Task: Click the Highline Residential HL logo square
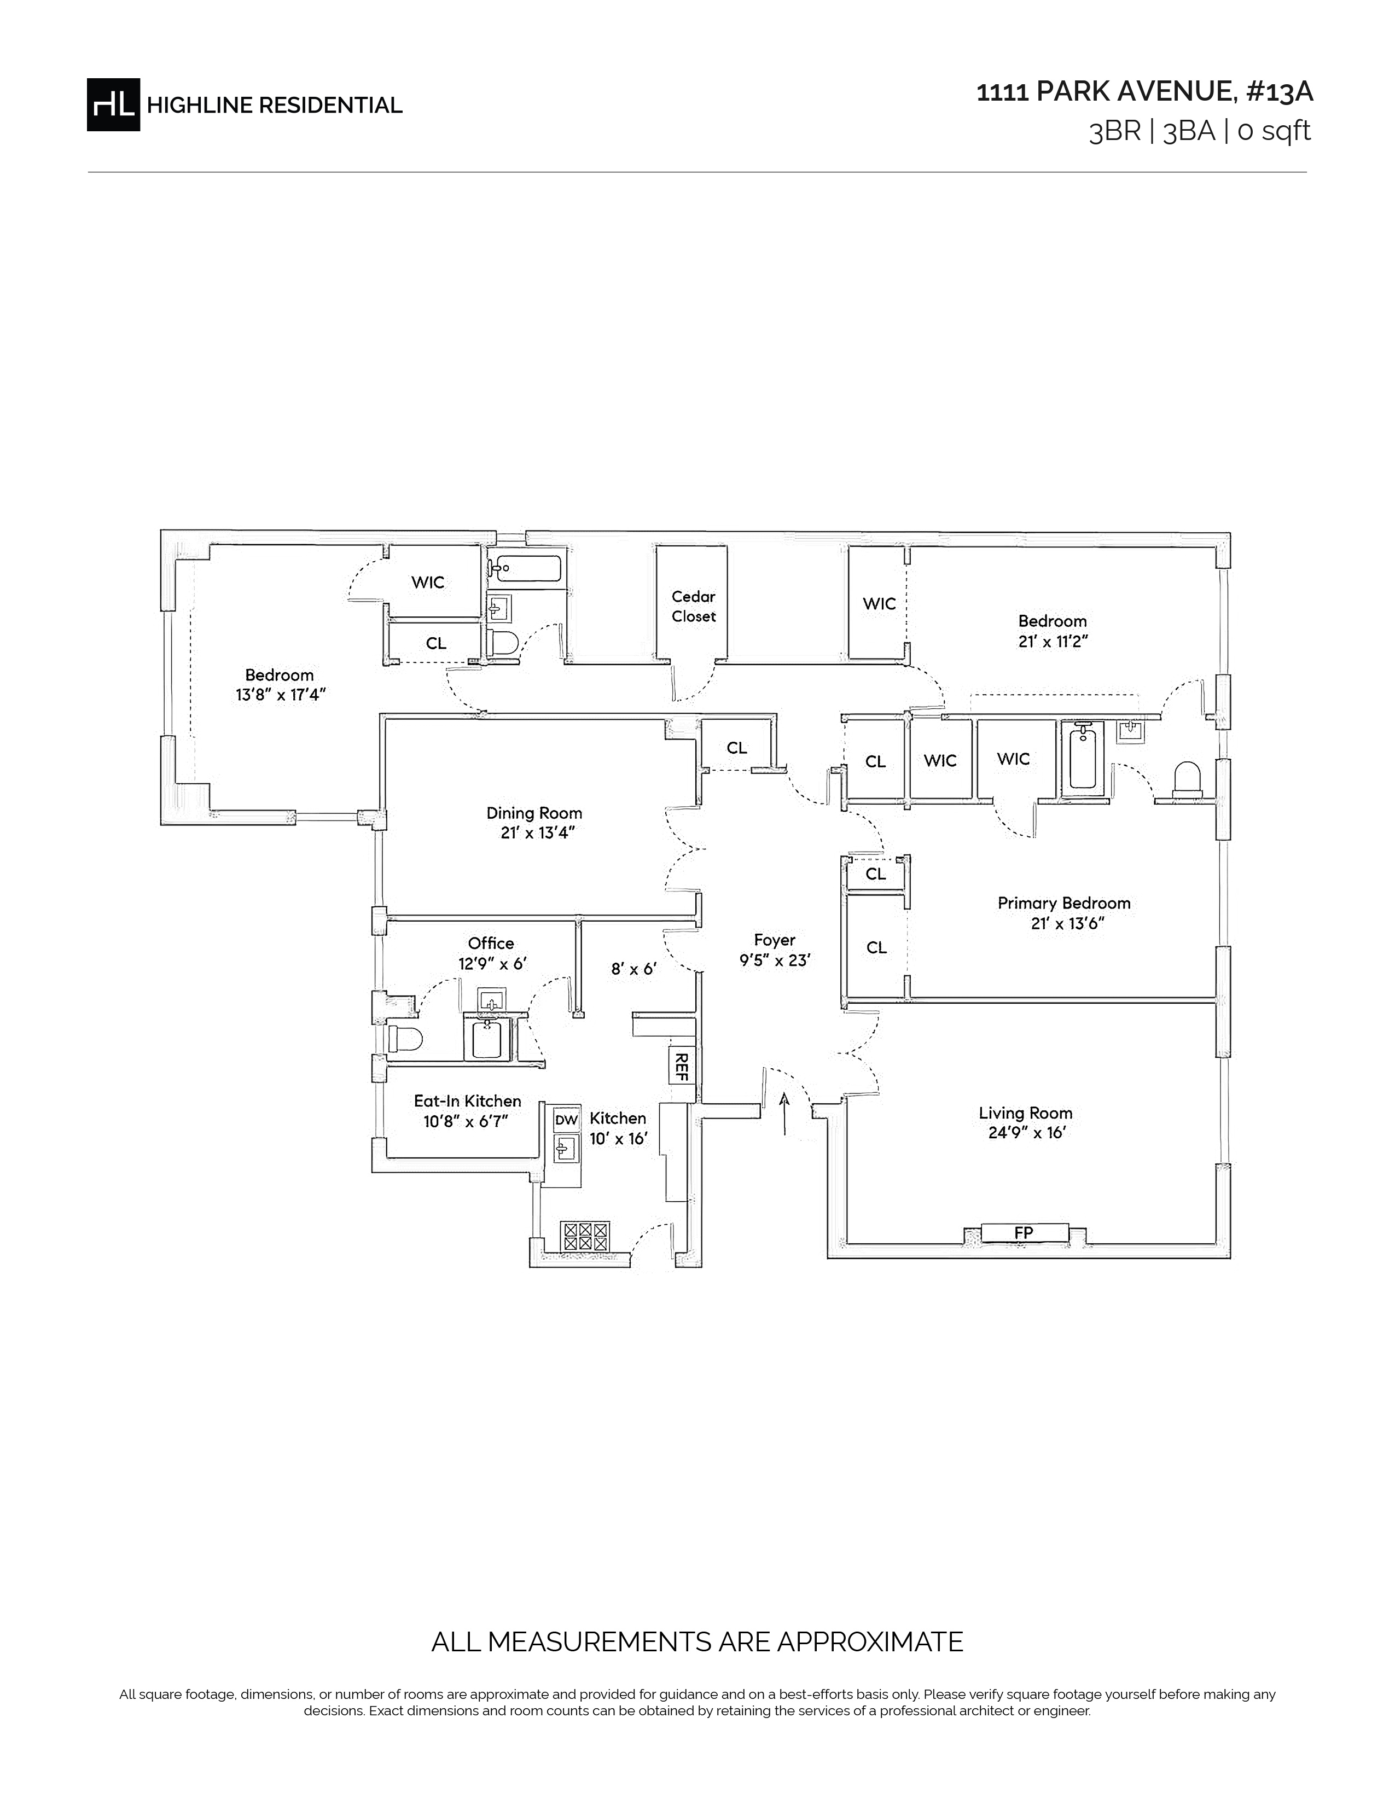pos(113,104)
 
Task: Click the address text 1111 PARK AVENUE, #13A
pos(1144,92)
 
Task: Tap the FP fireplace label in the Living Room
pos(1024,1233)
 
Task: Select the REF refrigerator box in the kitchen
pos(682,1066)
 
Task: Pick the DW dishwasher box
pos(566,1120)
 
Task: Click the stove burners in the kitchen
pos(585,1236)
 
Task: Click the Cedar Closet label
pos(693,606)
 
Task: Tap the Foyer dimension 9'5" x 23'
pos(775,960)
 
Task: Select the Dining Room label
pos(534,813)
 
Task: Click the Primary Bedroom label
pos(1063,904)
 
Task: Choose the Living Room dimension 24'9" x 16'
pos(1026,1133)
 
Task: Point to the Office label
pos(491,943)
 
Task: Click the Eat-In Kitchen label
pos(467,1101)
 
